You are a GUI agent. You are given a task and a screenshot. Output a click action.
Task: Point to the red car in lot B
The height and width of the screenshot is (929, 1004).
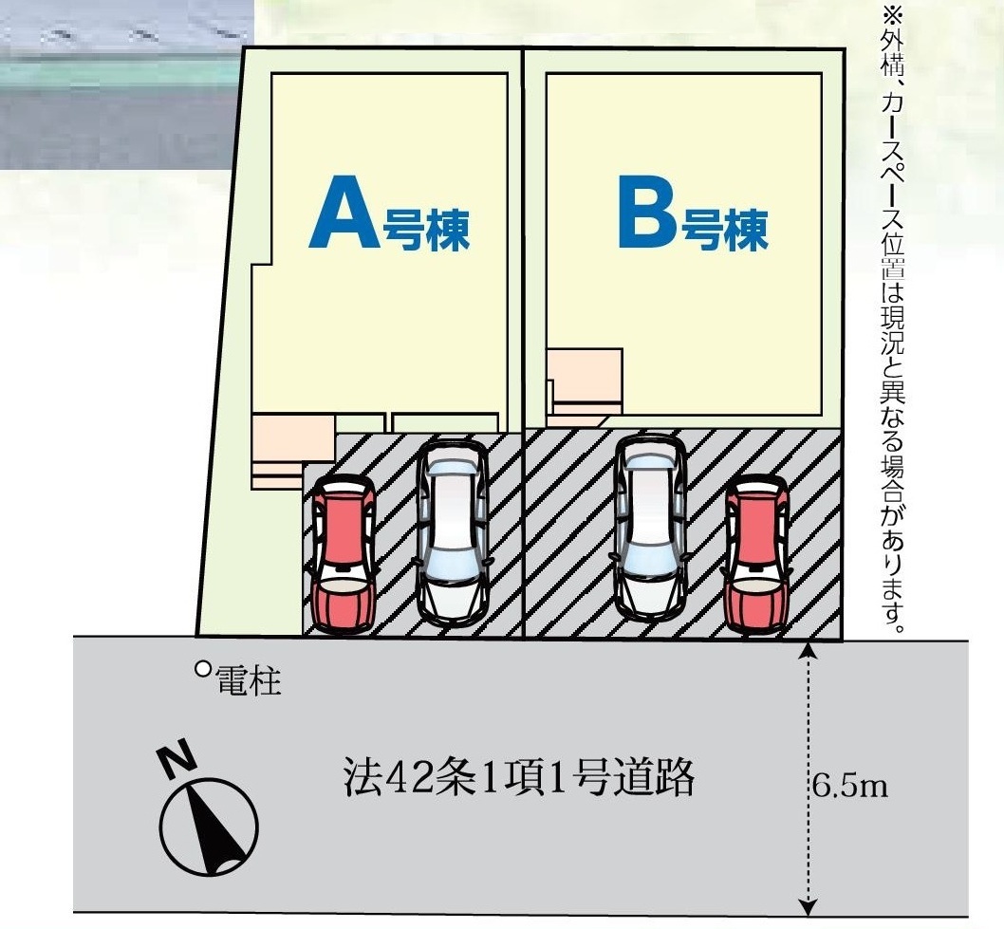coord(756,554)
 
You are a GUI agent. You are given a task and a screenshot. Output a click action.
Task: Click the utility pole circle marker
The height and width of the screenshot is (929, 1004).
coord(202,668)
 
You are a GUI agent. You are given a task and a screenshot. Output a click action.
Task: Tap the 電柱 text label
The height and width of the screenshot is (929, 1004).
coord(249,680)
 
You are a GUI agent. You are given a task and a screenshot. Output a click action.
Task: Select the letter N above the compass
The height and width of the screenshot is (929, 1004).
coord(176,759)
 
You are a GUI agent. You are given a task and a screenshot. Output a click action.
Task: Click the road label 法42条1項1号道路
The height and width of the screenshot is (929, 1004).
coord(518,779)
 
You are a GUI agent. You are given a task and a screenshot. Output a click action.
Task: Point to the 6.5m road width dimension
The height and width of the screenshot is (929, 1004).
coord(849,786)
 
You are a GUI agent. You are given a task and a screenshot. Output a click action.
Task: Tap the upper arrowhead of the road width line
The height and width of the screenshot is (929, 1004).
coord(808,650)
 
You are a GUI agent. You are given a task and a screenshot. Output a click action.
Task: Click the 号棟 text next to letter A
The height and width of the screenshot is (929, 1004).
coord(426,231)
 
